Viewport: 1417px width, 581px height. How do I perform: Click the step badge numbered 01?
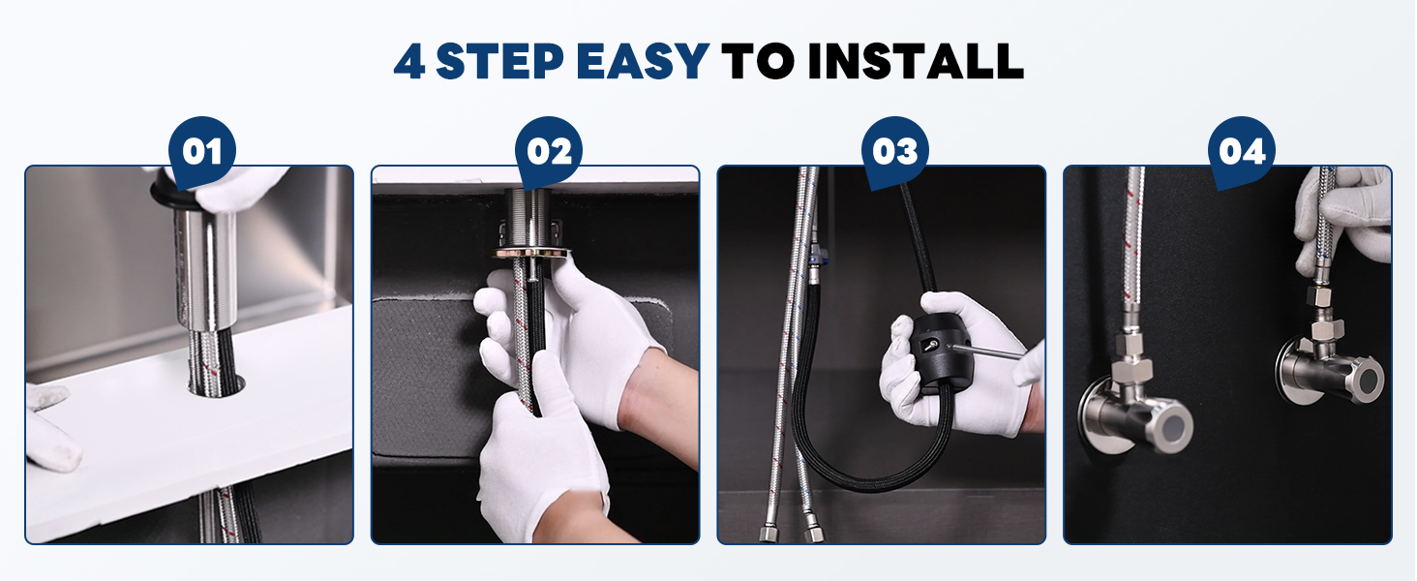tap(201, 152)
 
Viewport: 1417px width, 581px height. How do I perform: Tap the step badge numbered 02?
tap(549, 152)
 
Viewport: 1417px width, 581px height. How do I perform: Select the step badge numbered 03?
tap(895, 152)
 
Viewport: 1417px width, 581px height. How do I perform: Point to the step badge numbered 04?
tap(1242, 152)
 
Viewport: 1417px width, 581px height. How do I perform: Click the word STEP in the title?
tap(499, 61)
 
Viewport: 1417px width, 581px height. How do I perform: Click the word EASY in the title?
tap(643, 61)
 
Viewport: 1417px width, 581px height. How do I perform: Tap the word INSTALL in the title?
tap(916, 61)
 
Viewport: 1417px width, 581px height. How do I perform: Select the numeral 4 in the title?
tap(409, 62)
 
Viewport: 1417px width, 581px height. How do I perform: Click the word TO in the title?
tap(758, 61)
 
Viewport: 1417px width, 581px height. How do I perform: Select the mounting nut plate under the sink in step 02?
tap(530, 253)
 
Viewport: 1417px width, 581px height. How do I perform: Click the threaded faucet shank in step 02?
tap(528, 218)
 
